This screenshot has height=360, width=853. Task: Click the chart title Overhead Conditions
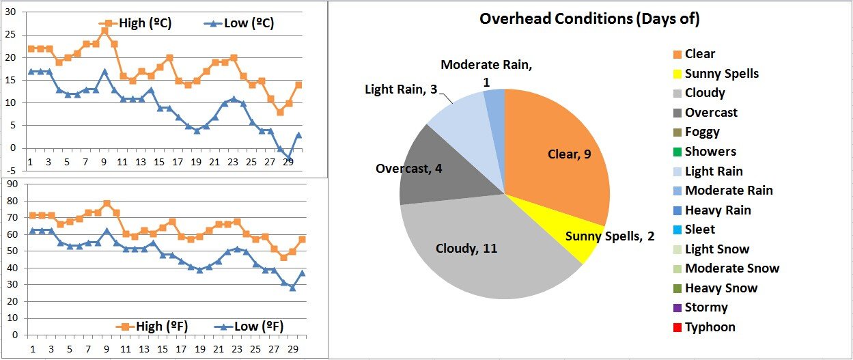589,19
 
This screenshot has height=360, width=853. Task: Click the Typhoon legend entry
710,327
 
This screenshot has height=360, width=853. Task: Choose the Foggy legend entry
701,132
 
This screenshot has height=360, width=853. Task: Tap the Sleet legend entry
699,230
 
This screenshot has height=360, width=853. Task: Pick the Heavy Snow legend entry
721,288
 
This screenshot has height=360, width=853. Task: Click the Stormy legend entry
705,307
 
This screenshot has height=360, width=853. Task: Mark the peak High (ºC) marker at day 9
104,31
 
